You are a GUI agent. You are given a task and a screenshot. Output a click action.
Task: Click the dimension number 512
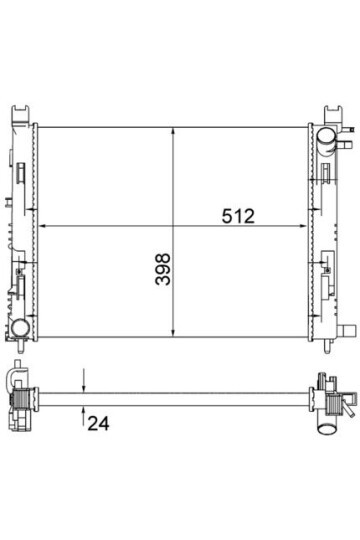[238, 216]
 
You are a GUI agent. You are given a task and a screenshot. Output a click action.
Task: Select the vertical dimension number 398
[163, 269]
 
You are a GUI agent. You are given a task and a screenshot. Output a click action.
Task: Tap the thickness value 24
[98, 423]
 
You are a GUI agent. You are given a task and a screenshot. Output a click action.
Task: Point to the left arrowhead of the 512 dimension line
[42, 226]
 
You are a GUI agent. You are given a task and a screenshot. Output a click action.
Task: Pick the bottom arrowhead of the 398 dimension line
[173, 332]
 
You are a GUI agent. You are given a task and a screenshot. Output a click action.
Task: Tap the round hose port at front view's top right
[325, 136]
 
